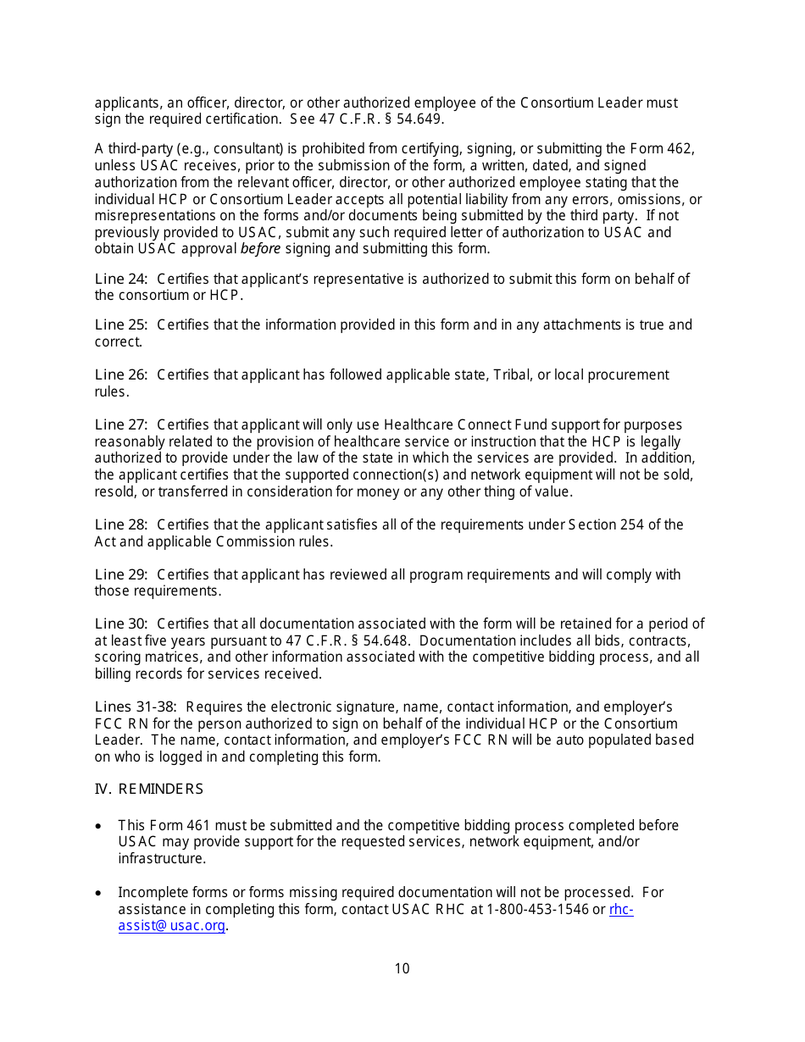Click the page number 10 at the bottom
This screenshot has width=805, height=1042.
(x=402, y=968)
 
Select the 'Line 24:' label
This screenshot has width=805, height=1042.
(x=121, y=279)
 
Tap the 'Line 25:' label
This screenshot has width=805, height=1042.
(x=121, y=325)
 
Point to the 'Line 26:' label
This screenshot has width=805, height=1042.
(x=121, y=375)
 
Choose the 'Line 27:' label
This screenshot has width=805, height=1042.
(x=121, y=425)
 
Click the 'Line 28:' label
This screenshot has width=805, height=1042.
(x=121, y=525)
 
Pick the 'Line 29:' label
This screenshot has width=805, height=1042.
(x=121, y=575)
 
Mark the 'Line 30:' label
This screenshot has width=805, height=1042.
(x=121, y=625)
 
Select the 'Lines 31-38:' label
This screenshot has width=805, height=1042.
(x=136, y=707)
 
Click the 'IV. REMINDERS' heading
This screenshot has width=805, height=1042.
(x=149, y=790)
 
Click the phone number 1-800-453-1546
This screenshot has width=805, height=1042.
(x=538, y=910)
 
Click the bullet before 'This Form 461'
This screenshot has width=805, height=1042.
(x=100, y=826)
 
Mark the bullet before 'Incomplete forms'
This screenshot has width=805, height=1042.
(x=100, y=893)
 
